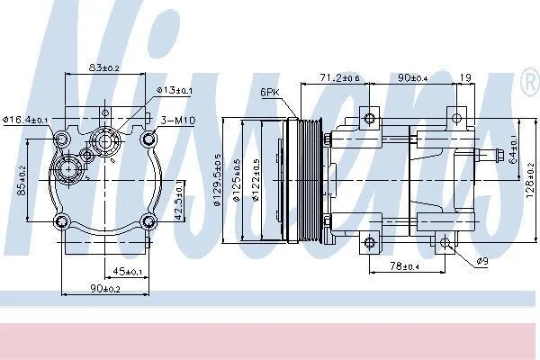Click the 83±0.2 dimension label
coord(104,67)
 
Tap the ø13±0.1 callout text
coord(175,90)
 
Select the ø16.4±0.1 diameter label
coord(25,120)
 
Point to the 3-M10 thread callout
coord(178,121)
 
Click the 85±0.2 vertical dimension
coord(22,182)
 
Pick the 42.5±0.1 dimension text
coord(179,200)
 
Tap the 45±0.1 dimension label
coord(128,272)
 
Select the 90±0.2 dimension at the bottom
coord(105,289)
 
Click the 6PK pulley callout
coord(270,92)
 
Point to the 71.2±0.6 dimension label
coord(339,78)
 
